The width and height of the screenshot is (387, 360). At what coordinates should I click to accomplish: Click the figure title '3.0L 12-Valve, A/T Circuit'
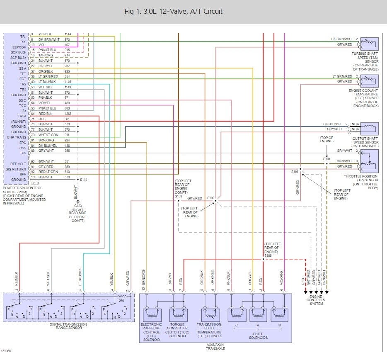tap(173, 11)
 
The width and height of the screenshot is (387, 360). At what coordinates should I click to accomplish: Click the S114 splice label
tap(84, 180)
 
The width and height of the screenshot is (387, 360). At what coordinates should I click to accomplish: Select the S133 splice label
tap(179, 196)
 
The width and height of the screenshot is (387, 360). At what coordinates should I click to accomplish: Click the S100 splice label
tap(211, 198)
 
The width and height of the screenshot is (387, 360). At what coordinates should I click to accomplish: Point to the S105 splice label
tap(268, 256)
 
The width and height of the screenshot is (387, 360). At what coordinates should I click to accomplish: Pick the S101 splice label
tap(327, 159)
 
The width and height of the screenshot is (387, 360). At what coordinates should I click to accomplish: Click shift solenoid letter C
tap(236, 325)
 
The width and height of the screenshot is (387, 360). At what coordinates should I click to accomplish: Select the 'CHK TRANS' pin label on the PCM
tap(18, 137)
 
